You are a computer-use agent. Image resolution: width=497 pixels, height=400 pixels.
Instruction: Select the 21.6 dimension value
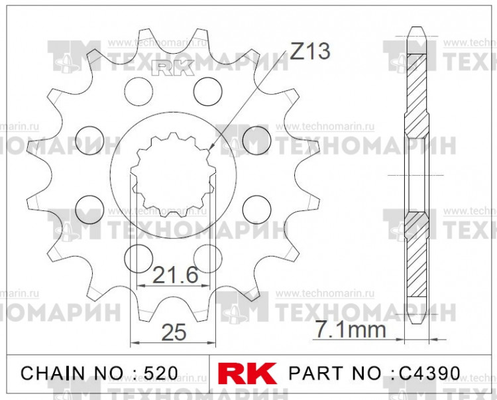pos(176,275)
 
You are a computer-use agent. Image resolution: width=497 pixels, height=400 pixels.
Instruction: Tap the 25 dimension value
pos(174,332)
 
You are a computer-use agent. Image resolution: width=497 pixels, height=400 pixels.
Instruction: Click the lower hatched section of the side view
pos(417,255)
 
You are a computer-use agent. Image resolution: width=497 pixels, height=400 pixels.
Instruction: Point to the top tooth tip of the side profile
pos(417,30)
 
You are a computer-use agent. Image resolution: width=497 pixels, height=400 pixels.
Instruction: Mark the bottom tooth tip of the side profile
pos(417,320)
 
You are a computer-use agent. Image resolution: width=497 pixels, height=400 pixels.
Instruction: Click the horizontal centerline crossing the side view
pos(417,175)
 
